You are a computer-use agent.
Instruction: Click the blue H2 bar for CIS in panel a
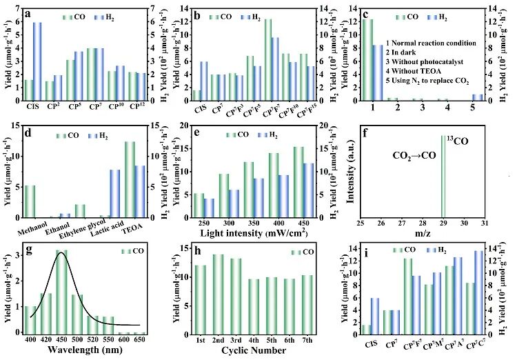point(37,62)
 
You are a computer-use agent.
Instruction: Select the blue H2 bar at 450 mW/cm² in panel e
point(308,190)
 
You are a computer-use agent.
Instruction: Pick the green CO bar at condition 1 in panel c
point(368,59)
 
